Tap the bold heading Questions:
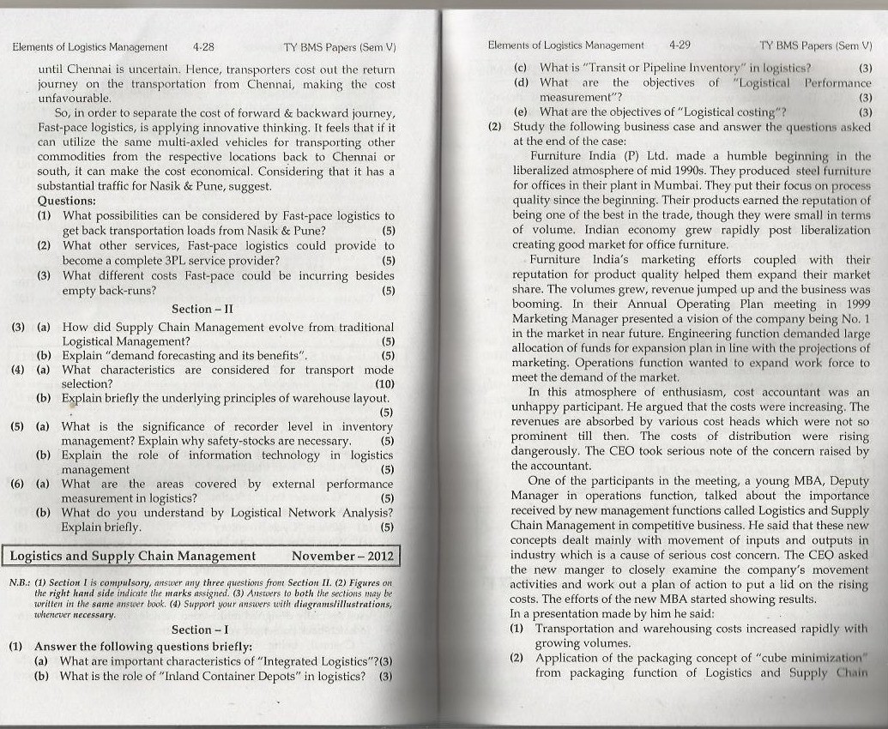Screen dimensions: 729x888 tap(67, 201)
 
